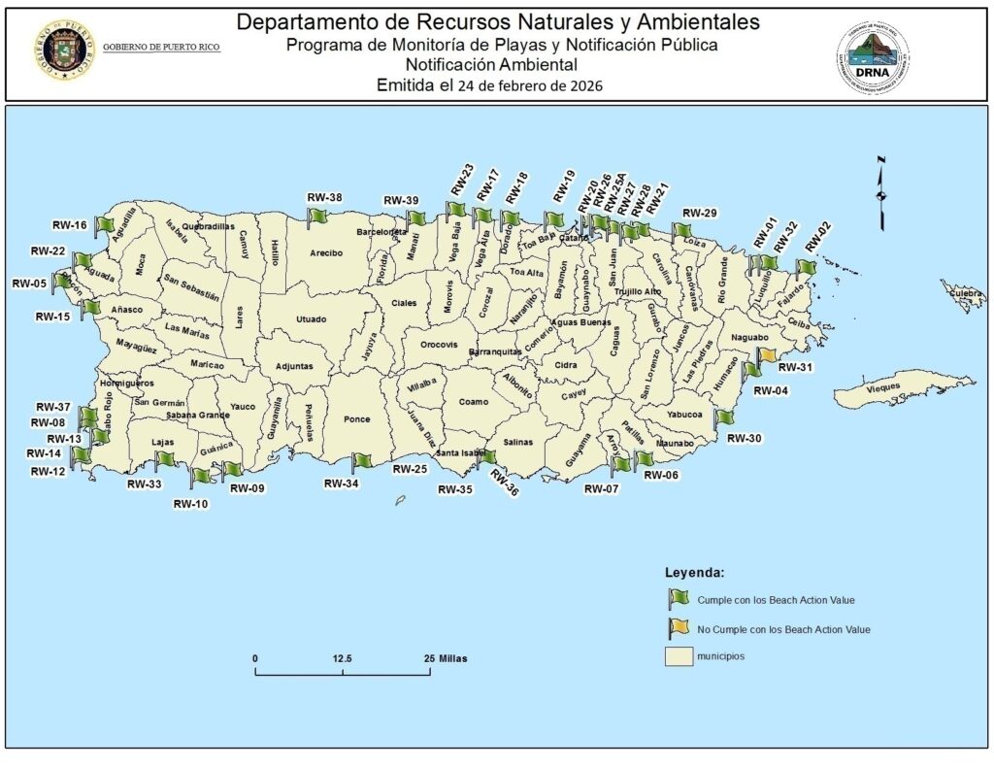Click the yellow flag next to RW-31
pyautogui.click(x=767, y=356)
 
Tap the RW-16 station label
pyautogui.click(x=70, y=225)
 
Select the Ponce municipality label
pyautogui.click(x=357, y=420)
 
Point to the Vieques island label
pyautogui.click(x=882, y=387)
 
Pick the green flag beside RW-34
pyautogui.click(x=362, y=461)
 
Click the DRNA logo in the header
pyautogui.click(x=873, y=59)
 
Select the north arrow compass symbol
pyautogui.click(x=880, y=192)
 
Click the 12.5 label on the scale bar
pyautogui.click(x=342, y=657)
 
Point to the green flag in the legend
pyautogui.click(x=678, y=599)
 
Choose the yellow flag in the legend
pyautogui.click(x=678, y=628)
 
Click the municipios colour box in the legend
pyautogui.click(x=678, y=656)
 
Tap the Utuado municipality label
pyautogui.click(x=312, y=319)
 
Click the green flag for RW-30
pyautogui.click(x=724, y=417)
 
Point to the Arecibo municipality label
pyautogui.click(x=326, y=253)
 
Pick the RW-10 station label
pyautogui.click(x=190, y=503)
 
